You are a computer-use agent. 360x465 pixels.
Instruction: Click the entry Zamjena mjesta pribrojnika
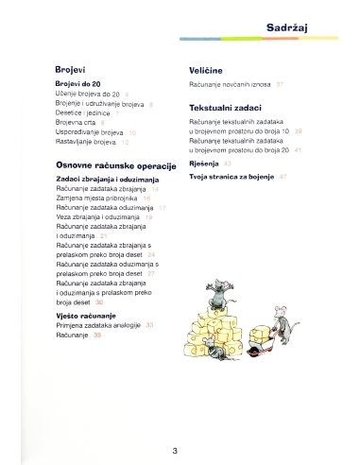(97, 198)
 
